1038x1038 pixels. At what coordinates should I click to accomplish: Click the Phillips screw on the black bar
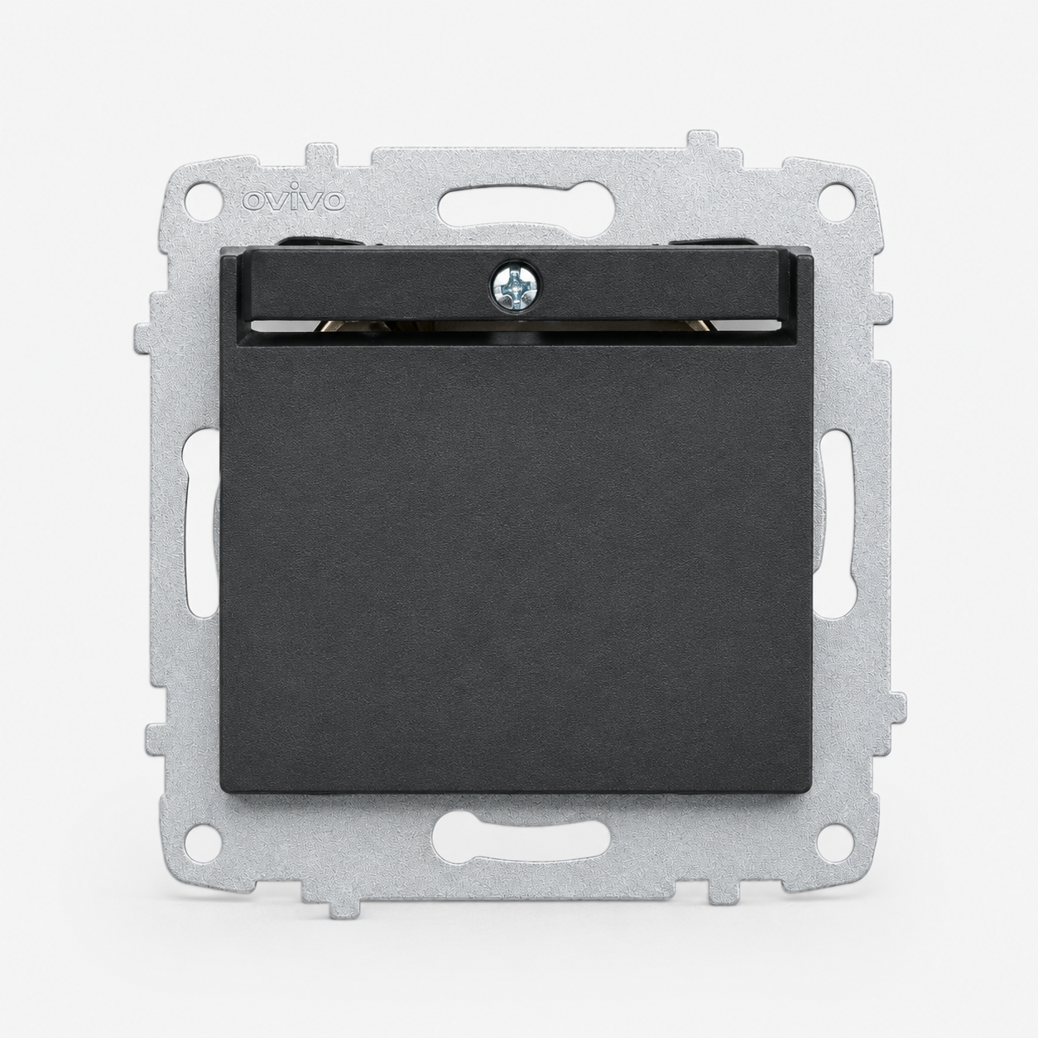click(515, 288)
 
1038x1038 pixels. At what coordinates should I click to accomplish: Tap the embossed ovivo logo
click(293, 199)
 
